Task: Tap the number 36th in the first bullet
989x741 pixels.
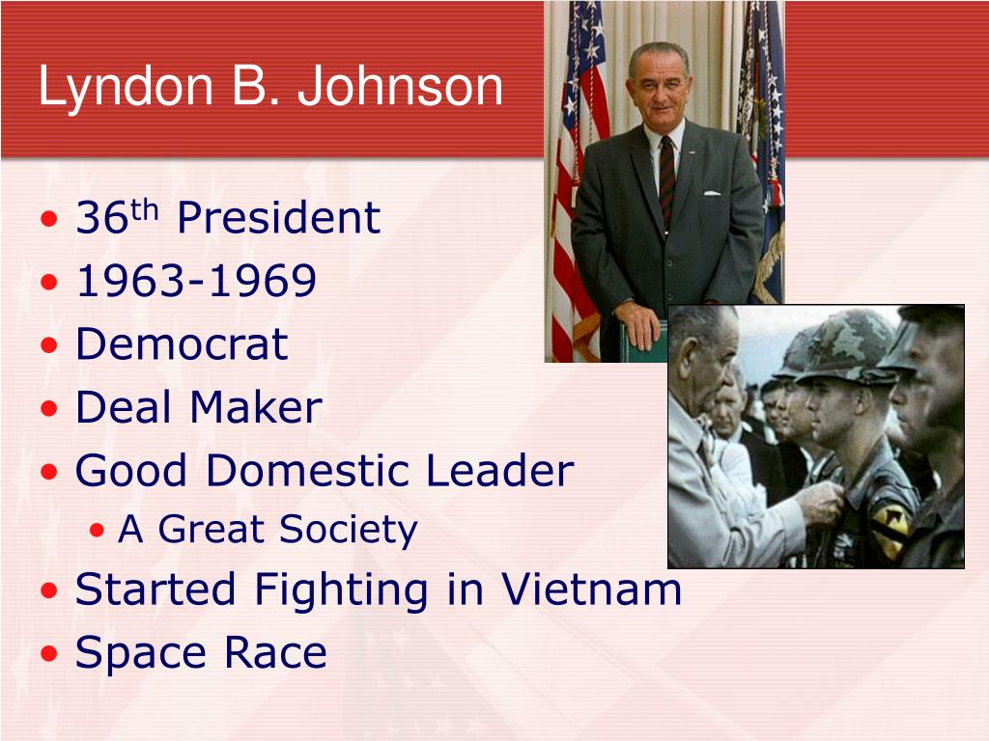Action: click(x=117, y=217)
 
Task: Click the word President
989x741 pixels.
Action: click(x=279, y=217)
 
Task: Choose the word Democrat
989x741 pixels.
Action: click(x=182, y=344)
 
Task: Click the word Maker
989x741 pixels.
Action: click(x=256, y=407)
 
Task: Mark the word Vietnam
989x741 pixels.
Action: click(x=592, y=590)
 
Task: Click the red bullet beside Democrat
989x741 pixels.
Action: click(x=48, y=345)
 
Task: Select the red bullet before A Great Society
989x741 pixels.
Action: click(x=97, y=530)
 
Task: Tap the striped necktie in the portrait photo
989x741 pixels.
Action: click(x=666, y=179)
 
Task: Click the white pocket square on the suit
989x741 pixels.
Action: click(x=712, y=193)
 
